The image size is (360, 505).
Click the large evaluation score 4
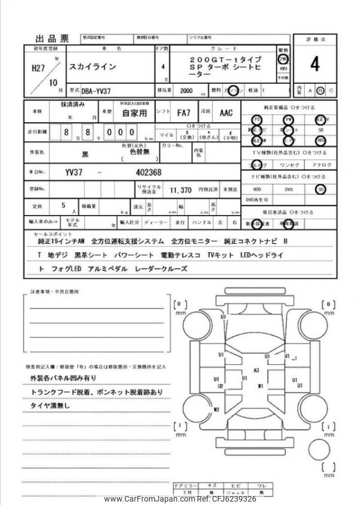point(314,65)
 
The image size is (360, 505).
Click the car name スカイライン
point(92,66)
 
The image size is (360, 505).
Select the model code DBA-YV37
point(97,90)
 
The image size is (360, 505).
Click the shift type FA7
point(183,112)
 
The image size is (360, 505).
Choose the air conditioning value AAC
point(226,112)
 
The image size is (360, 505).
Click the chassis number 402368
point(148,172)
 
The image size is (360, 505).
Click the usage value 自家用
point(134,112)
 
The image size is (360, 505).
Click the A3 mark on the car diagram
point(256,370)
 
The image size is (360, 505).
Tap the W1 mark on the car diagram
point(260,386)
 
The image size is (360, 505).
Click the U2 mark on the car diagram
point(220,386)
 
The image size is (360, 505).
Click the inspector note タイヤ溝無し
point(50,405)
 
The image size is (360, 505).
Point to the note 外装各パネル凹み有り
point(63,378)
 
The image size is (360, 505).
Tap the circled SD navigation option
point(321,189)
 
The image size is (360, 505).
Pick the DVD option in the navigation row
point(289,189)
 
